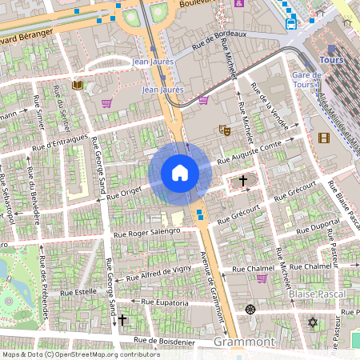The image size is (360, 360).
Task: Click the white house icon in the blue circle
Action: point(180,173)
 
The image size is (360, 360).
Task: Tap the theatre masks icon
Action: point(224,130)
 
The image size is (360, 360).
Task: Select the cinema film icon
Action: point(323,138)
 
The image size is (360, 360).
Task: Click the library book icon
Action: point(78,85)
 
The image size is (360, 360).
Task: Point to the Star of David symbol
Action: point(313,322)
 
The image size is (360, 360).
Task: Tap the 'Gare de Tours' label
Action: point(306,80)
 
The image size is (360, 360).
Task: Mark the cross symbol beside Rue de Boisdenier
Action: point(122,320)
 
